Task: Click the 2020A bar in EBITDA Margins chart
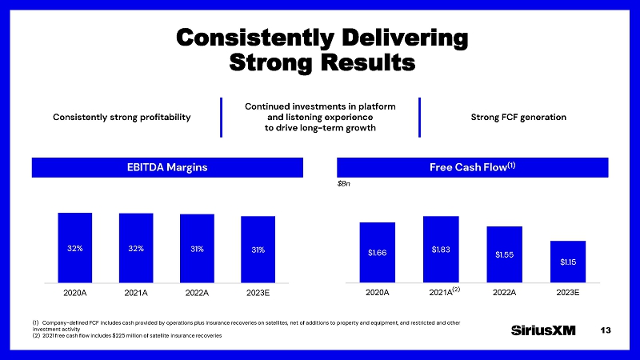click(x=74, y=248)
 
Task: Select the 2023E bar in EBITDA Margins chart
click(x=258, y=250)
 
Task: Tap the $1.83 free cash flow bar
click(x=441, y=250)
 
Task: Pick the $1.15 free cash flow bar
click(x=568, y=262)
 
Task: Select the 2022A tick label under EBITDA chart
click(x=197, y=293)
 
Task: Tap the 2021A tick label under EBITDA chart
click(x=136, y=293)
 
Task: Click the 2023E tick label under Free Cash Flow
click(x=567, y=293)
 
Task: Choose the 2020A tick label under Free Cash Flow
click(x=377, y=293)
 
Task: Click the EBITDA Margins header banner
click(x=167, y=167)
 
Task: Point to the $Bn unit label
click(x=344, y=183)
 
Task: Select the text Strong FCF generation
click(x=519, y=118)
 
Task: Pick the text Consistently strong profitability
click(x=122, y=118)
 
